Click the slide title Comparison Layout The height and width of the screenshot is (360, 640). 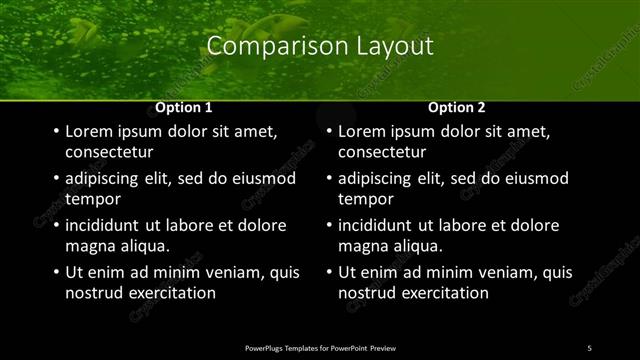pyautogui.click(x=320, y=46)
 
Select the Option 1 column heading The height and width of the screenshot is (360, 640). pyautogui.click(x=184, y=107)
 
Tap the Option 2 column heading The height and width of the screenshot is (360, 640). pyautogui.click(x=457, y=107)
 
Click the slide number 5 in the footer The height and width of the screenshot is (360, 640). pyautogui.click(x=589, y=347)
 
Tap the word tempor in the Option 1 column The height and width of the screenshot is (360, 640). pyautogui.click(x=93, y=199)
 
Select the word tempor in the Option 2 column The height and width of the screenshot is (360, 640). pyautogui.click(x=366, y=199)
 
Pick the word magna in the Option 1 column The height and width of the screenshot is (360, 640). pyautogui.click(x=90, y=246)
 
